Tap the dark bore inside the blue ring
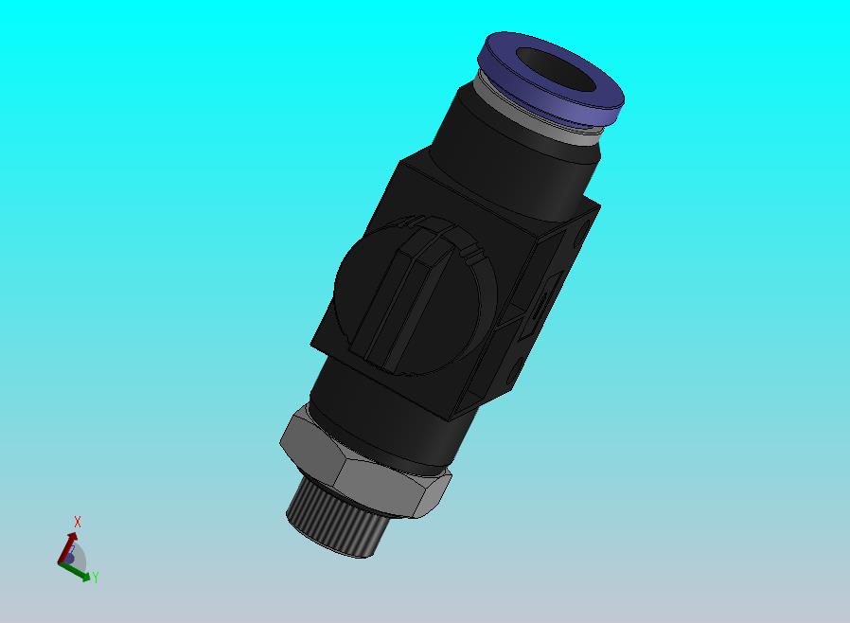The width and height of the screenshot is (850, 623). [556, 71]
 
